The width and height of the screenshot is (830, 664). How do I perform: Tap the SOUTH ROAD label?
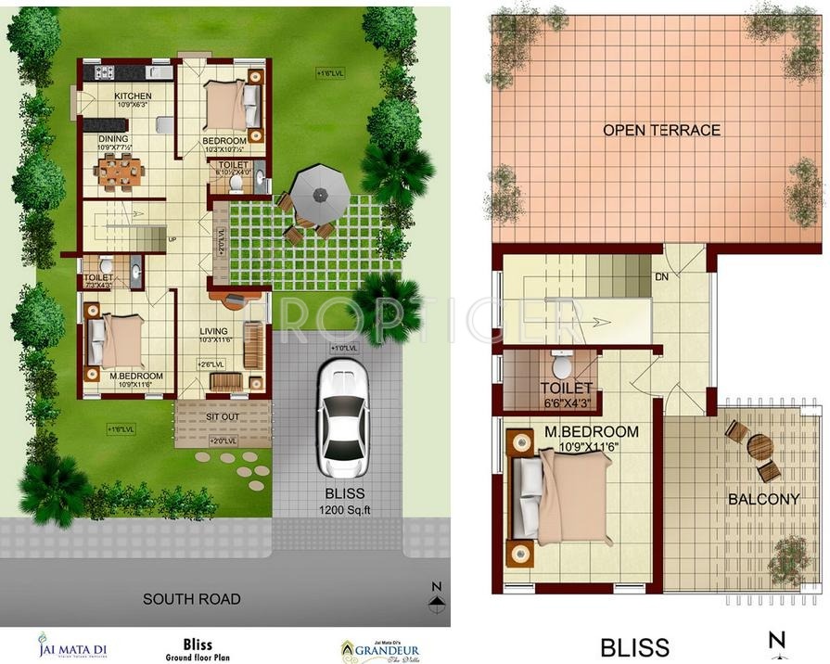pyautogui.click(x=192, y=599)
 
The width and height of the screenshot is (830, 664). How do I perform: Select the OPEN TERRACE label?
pyautogui.click(x=661, y=130)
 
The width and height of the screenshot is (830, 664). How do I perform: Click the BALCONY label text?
pyautogui.click(x=763, y=499)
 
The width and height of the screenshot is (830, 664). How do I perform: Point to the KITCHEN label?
pyautogui.click(x=133, y=96)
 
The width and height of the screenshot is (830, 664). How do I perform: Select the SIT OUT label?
pyautogui.click(x=223, y=417)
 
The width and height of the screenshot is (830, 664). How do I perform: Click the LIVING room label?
pyautogui.click(x=214, y=331)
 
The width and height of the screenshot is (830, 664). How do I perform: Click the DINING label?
pyautogui.click(x=113, y=139)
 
